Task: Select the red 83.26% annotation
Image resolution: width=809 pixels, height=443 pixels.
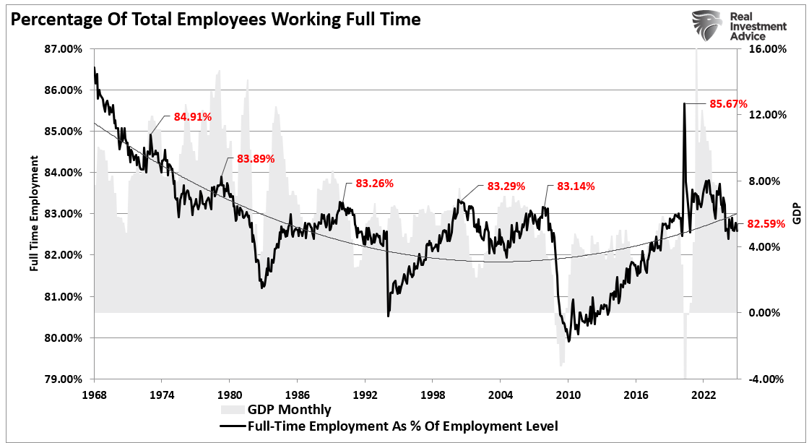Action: point(374,183)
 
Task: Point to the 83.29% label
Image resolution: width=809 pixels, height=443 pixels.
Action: point(506,186)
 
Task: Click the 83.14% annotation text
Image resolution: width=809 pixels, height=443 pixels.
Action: point(576,186)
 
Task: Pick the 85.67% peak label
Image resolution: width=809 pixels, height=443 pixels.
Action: point(728,103)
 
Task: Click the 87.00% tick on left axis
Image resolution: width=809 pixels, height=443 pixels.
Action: point(64,49)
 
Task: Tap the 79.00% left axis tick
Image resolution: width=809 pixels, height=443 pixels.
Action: point(64,379)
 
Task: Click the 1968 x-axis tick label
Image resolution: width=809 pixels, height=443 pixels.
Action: point(94,394)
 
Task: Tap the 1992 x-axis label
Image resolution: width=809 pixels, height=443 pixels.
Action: point(365,394)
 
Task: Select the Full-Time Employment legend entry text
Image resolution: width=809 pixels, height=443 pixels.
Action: point(403,426)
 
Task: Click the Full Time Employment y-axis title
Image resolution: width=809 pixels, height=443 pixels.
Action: point(34,214)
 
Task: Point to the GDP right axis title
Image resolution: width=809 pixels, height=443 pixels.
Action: point(797,214)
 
